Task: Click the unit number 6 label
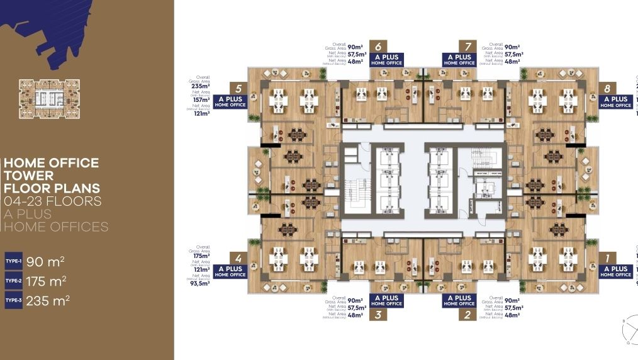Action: click(378, 46)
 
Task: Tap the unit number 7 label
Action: click(467, 46)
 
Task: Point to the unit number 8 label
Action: click(607, 89)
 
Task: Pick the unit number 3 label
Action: click(378, 315)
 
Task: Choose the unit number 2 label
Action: click(467, 315)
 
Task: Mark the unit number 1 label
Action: click(607, 258)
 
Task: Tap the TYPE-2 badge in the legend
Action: click(13, 281)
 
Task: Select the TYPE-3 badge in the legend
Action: click(13, 301)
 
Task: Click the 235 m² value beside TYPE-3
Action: click(48, 301)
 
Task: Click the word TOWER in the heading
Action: click(29, 176)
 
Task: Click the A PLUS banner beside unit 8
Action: click(615, 101)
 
